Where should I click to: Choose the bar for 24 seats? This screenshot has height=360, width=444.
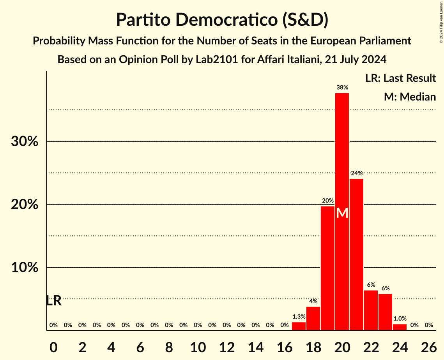point(400,327)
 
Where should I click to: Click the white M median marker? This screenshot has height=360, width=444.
point(342,213)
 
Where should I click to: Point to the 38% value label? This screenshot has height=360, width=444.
point(342,88)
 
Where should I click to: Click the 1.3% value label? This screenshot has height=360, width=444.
point(299,317)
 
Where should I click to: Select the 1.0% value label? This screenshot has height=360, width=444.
point(400,319)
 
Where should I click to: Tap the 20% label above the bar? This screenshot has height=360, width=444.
point(327,201)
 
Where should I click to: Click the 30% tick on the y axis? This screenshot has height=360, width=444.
point(25,141)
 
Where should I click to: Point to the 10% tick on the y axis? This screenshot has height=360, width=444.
point(25,268)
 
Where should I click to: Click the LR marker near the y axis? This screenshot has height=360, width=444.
point(53,301)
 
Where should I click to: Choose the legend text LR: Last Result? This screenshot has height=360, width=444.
point(400,78)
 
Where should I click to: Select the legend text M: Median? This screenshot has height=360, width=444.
point(410,97)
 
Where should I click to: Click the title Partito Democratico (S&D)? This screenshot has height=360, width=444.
point(222,20)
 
